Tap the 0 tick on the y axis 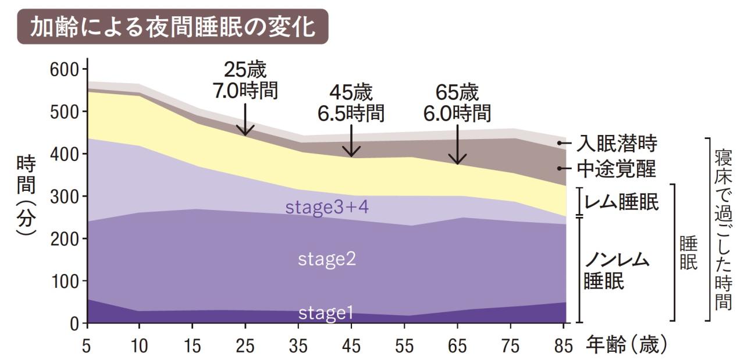click(x=74, y=323)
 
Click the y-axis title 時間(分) click(x=26, y=197)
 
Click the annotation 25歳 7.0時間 click(x=245, y=80)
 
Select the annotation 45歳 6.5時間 click(x=351, y=103)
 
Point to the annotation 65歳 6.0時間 click(x=457, y=103)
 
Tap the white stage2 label click(x=327, y=259)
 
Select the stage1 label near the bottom click(x=326, y=313)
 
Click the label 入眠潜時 click(x=617, y=143)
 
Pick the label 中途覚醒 click(x=617, y=169)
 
